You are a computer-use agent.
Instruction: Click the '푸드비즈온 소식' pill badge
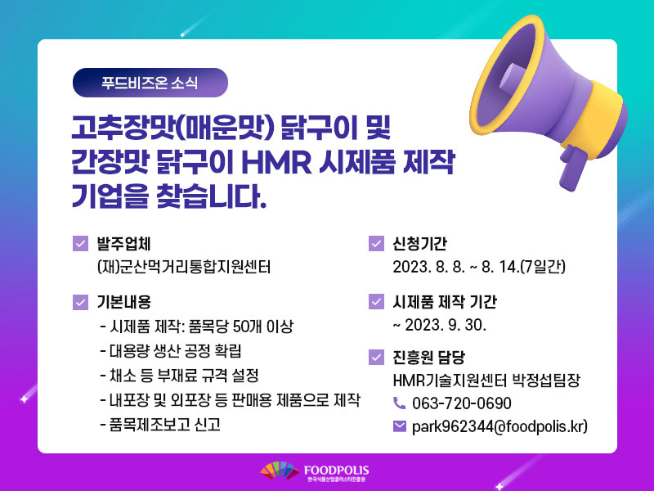coord(150,83)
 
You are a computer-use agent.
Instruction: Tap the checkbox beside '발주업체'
coord(80,243)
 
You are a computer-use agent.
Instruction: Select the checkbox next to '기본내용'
coord(80,302)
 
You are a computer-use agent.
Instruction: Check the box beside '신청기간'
coord(376,243)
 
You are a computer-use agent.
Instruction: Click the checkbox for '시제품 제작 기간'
coord(376,301)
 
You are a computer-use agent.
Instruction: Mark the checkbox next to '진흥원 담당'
coord(376,357)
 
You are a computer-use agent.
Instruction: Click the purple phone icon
coord(399,403)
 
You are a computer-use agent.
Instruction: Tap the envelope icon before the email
coord(400,426)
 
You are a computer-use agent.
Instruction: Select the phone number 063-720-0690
coord(462,403)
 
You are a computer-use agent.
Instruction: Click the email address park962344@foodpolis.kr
coord(499,426)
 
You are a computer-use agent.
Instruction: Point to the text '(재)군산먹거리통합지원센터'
coord(184,267)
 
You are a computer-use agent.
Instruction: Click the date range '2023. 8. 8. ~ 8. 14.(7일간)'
coord(479,267)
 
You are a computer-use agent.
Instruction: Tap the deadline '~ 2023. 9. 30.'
coord(440,325)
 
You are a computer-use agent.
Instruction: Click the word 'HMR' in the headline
coord(276,162)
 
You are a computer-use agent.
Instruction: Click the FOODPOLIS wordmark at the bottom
coord(336,470)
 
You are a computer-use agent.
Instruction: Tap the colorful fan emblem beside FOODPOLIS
coord(280,471)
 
